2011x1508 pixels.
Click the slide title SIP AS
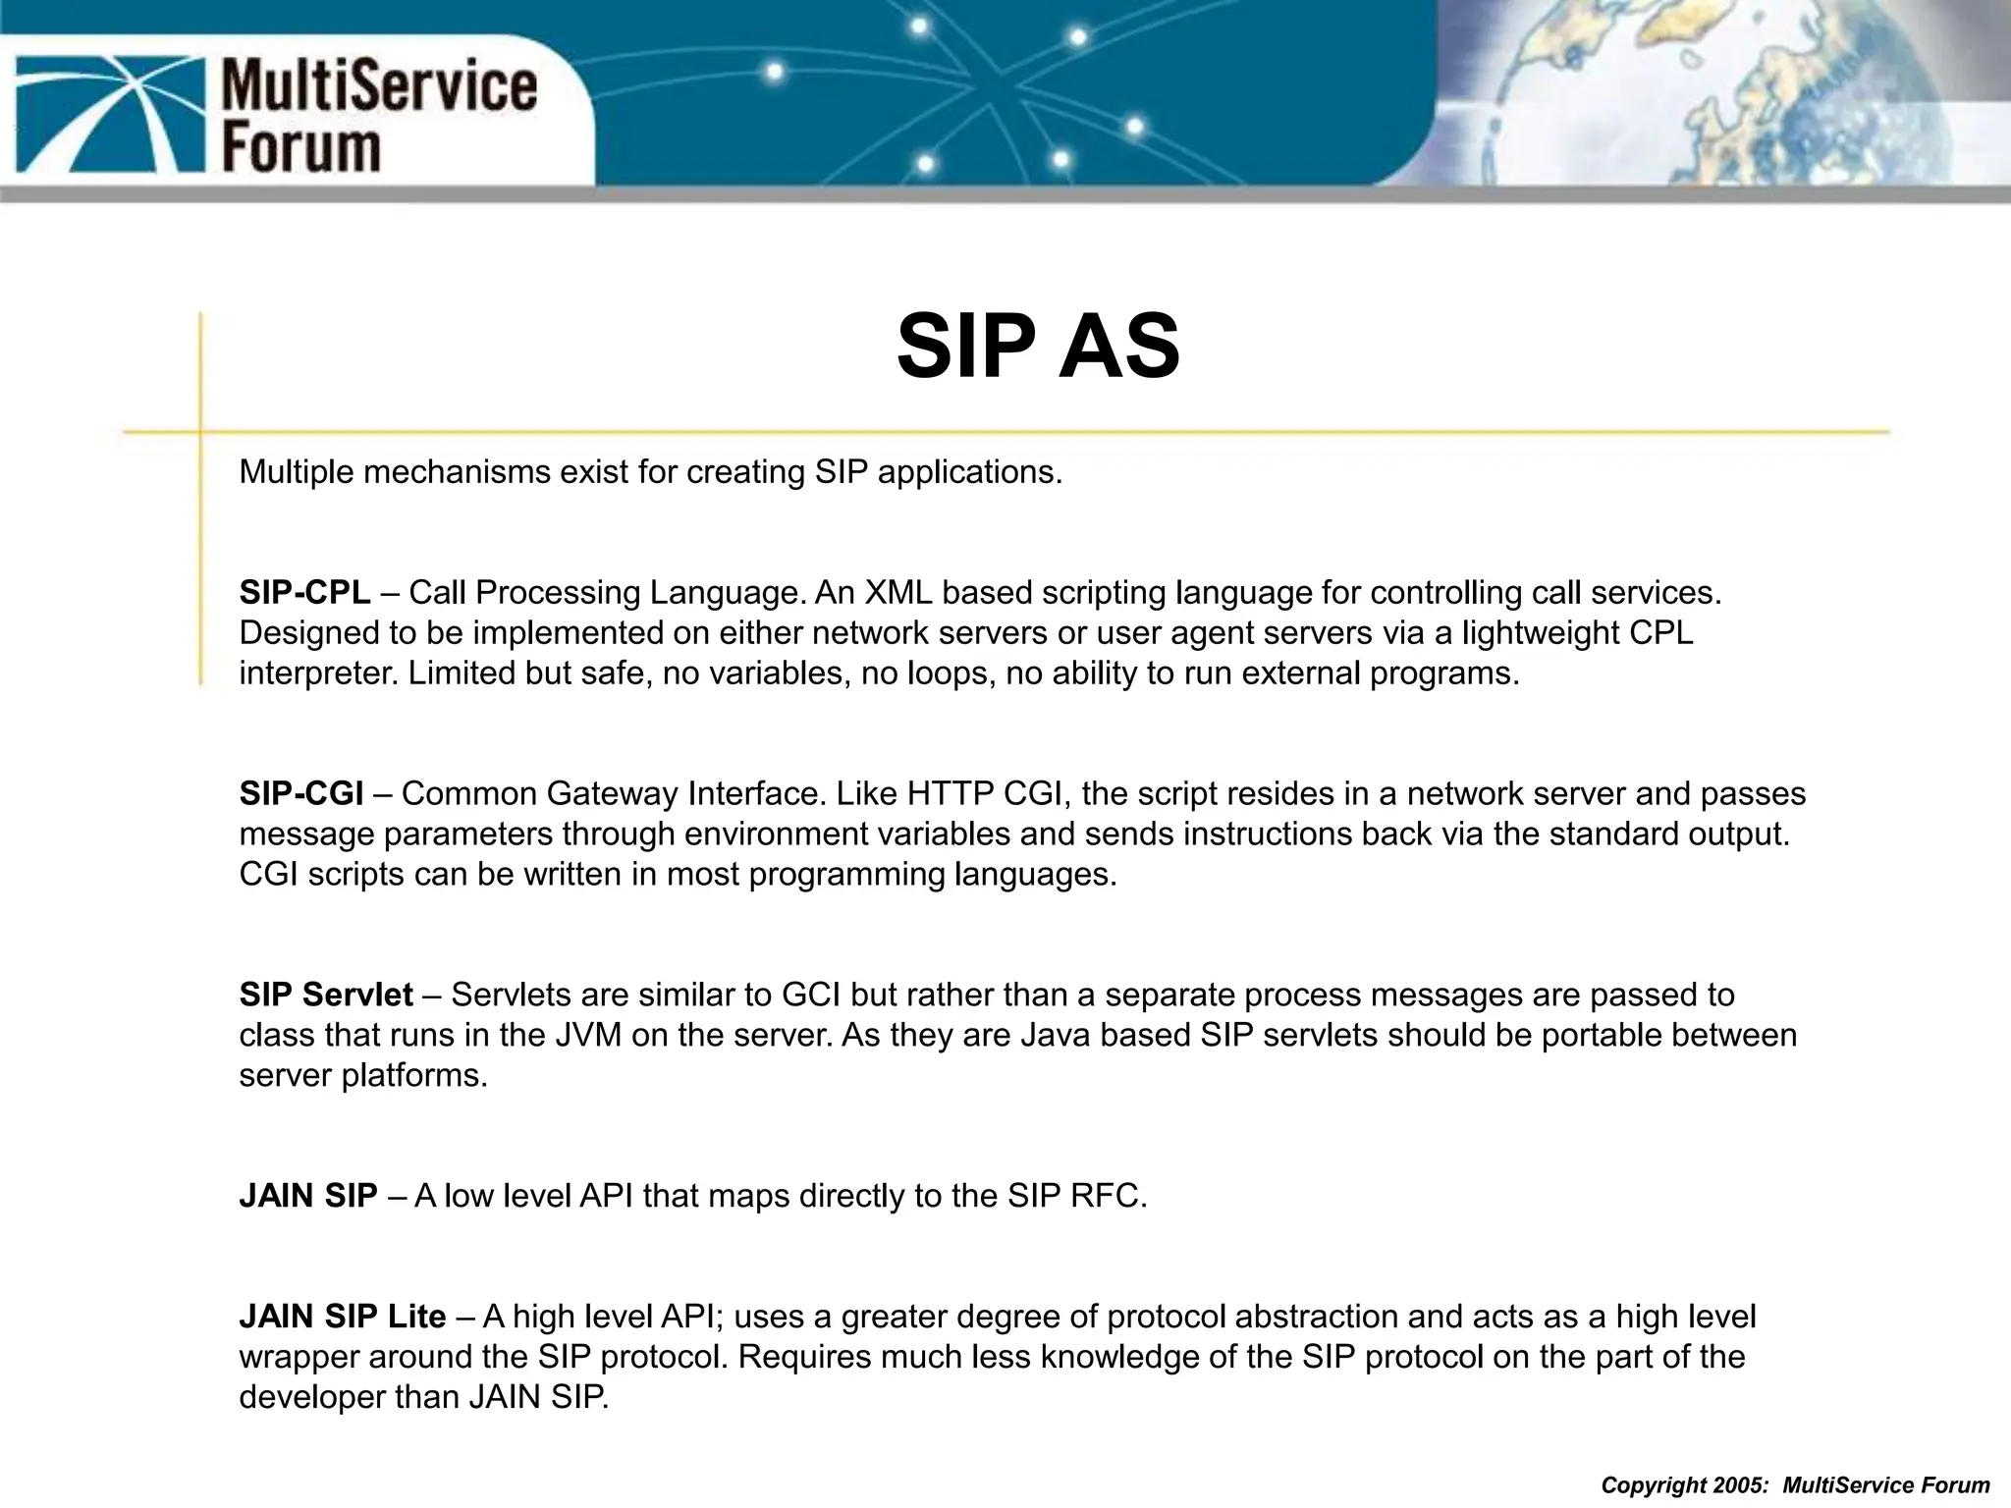click(1038, 347)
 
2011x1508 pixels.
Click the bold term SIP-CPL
click(304, 593)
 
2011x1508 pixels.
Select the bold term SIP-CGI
click(301, 793)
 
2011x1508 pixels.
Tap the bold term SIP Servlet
click(326, 995)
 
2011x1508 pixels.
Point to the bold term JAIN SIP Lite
click(343, 1316)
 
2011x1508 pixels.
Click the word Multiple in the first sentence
click(297, 472)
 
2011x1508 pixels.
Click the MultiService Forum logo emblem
click(107, 112)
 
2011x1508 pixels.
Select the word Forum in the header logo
click(300, 147)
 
